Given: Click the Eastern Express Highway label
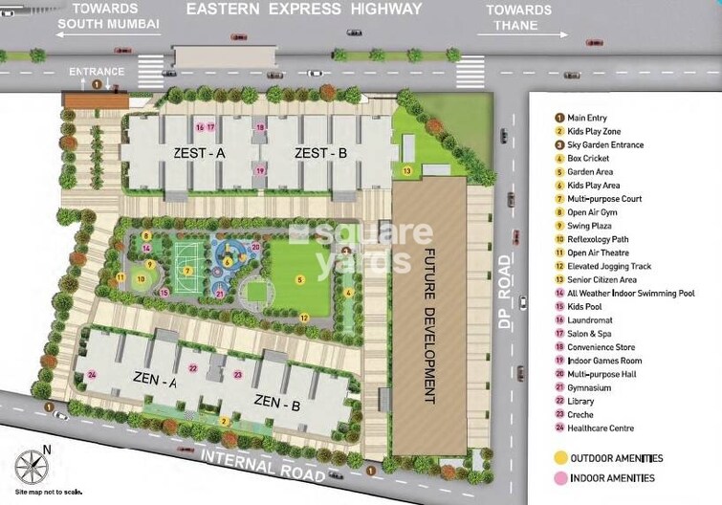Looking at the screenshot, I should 303,10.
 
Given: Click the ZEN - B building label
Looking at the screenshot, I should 276,404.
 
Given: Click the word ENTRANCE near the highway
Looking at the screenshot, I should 97,71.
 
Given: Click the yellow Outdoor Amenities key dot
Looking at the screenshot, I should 559,458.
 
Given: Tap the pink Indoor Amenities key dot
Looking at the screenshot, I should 559,478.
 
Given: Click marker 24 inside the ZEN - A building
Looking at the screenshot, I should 92,374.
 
